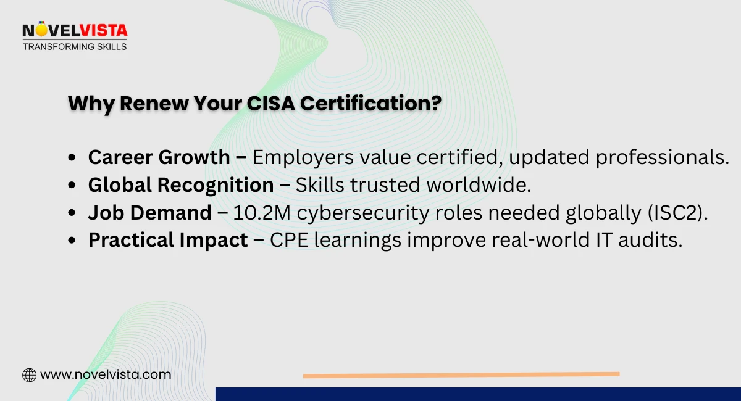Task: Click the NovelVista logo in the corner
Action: (x=75, y=36)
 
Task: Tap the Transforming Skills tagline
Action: (x=75, y=47)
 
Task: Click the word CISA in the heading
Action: (x=270, y=104)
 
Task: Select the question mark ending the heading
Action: (x=436, y=103)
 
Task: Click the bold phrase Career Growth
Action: (x=159, y=157)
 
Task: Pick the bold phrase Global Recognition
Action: (x=181, y=185)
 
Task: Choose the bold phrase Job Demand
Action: (x=149, y=213)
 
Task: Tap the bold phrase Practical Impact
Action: (x=168, y=240)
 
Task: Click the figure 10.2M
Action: (x=262, y=213)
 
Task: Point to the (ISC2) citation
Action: (x=677, y=213)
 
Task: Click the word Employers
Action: (x=303, y=157)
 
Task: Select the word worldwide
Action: (x=479, y=185)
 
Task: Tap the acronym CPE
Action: (x=289, y=240)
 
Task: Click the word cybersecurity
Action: (x=363, y=213)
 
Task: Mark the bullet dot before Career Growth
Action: (x=72, y=157)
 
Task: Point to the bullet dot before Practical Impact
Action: (x=72, y=240)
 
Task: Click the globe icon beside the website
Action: (x=29, y=375)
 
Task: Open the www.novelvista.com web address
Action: (x=106, y=375)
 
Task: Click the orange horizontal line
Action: (x=461, y=375)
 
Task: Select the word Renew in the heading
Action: (x=154, y=104)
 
